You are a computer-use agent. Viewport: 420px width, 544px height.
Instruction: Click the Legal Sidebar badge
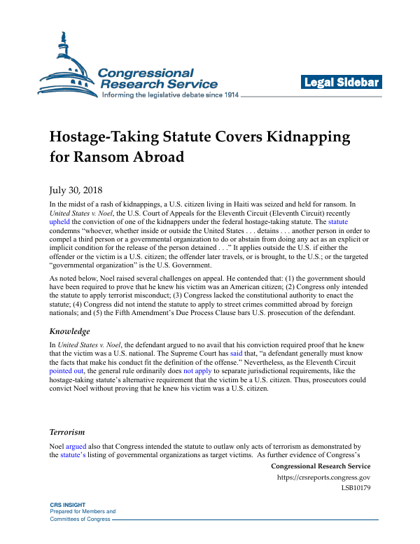click(x=342, y=83)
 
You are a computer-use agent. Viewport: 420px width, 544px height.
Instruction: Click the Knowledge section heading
click(x=69, y=331)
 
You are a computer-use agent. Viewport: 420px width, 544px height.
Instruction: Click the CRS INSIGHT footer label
click(x=69, y=505)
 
